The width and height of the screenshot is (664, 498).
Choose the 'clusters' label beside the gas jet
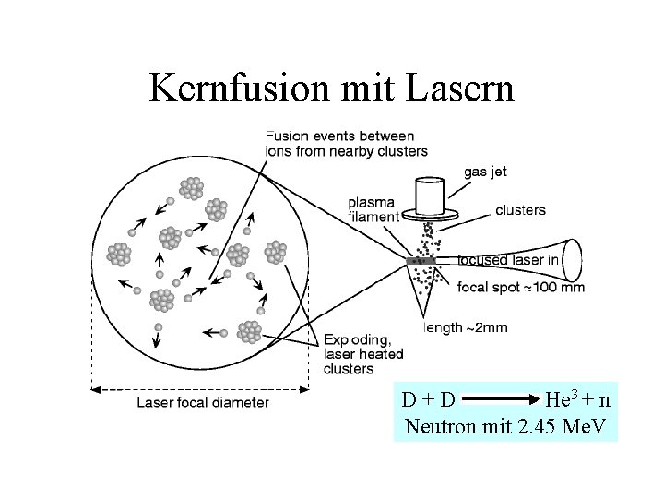coord(519,210)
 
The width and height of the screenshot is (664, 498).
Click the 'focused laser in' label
coord(509,260)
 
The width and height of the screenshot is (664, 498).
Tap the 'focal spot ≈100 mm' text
coord(521,288)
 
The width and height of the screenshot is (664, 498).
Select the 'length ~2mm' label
coord(466,327)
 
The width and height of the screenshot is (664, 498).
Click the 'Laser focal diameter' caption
coord(203,401)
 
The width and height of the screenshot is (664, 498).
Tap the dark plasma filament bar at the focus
coord(420,261)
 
